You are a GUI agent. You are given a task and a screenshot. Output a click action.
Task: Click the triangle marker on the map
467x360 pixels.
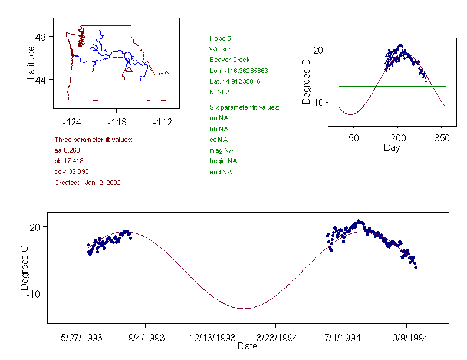click(x=129, y=69)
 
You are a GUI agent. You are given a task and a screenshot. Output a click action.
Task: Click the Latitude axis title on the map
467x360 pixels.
click(x=31, y=62)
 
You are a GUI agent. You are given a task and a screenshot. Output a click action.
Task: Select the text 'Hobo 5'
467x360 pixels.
click(x=219, y=38)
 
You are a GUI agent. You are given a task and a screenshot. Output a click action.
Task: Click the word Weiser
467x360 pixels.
click(x=219, y=49)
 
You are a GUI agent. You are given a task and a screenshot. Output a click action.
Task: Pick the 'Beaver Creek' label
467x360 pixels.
click(x=229, y=60)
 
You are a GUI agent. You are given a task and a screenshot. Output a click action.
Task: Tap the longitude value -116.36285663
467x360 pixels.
click(x=239, y=71)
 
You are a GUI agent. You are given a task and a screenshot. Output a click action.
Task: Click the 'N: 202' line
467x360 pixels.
click(x=219, y=92)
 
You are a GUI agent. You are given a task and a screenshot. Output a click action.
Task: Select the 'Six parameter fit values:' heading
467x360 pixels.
click(x=244, y=107)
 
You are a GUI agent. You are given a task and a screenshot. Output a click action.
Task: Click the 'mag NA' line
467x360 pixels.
click(x=221, y=150)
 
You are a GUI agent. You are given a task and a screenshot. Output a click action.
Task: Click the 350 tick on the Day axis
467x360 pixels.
click(x=442, y=138)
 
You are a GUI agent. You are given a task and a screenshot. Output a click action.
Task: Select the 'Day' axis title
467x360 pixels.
click(x=392, y=147)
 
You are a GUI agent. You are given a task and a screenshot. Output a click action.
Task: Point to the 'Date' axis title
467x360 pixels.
click(x=247, y=346)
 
